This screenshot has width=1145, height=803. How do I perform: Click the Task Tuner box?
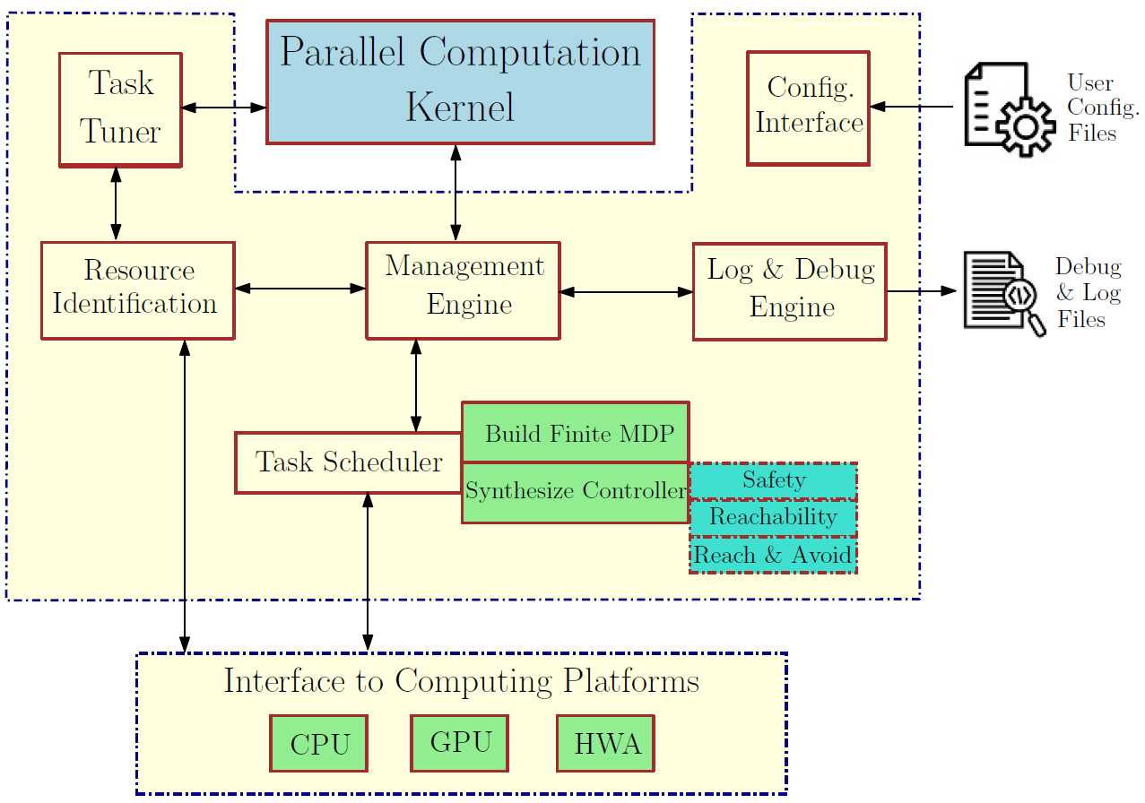(x=120, y=108)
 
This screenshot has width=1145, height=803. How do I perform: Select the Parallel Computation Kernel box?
(x=460, y=81)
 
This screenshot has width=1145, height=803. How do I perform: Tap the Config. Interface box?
(x=808, y=107)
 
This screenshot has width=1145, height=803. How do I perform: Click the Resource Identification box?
(x=137, y=289)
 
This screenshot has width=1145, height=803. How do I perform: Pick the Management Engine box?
(x=463, y=289)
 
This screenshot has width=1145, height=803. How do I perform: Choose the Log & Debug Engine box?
(x=789, y=290)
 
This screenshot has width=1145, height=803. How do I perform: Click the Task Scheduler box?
(x=349, y=462)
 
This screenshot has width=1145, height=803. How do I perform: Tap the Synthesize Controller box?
(x=575, y=492)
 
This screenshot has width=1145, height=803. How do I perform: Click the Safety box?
(x=773, y=480)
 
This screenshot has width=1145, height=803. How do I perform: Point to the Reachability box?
(x=773, y=517)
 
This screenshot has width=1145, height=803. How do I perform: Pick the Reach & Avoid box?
(x=773, y=555)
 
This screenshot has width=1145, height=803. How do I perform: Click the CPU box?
(x=319, y=743)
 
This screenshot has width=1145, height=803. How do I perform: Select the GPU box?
(x=460, y=743)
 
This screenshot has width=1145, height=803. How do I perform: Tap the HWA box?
(x=606, y=743)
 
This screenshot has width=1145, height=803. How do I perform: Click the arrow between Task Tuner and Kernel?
(x=224, y=108)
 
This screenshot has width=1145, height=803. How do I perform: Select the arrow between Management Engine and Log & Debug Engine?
(x=627, y=291)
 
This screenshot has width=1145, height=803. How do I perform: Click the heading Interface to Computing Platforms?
(x=461, y=681)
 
